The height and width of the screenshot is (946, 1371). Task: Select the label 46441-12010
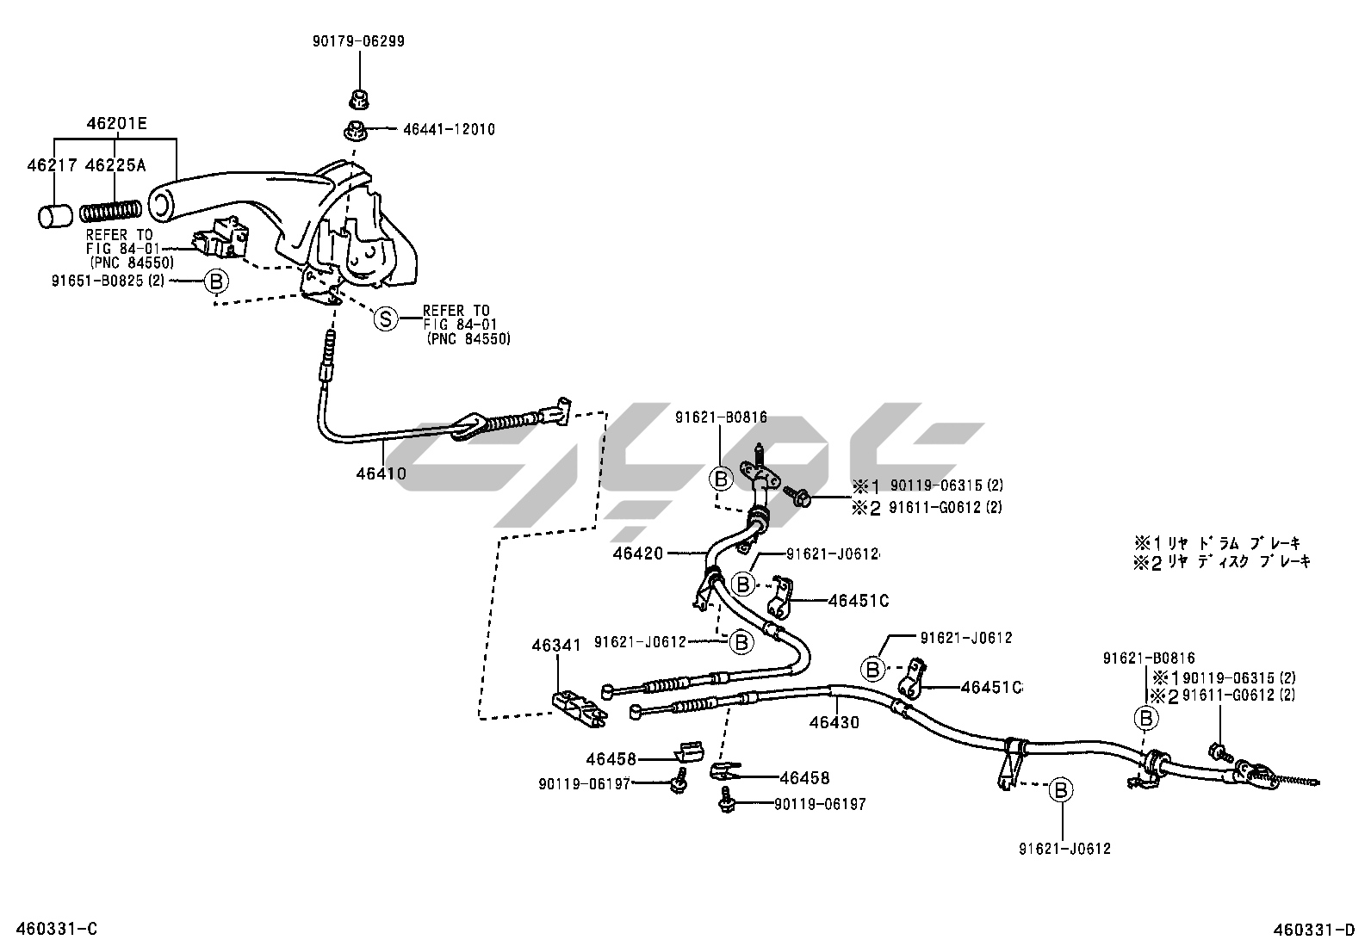(449, 130)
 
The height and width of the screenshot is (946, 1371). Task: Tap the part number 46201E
(116, 124)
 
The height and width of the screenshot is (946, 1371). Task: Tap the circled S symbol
(386, 319)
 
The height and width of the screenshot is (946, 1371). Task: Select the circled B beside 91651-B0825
(216, 281)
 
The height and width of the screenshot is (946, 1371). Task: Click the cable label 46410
(381, 473)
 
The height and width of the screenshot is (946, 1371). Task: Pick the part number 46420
(638, 553)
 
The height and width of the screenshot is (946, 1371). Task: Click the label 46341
(556, 644)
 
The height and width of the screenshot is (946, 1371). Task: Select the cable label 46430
(834, 722)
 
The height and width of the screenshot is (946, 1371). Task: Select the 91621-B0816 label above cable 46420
(720, 417)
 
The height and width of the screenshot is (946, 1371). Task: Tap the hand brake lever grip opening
(161, 203)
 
